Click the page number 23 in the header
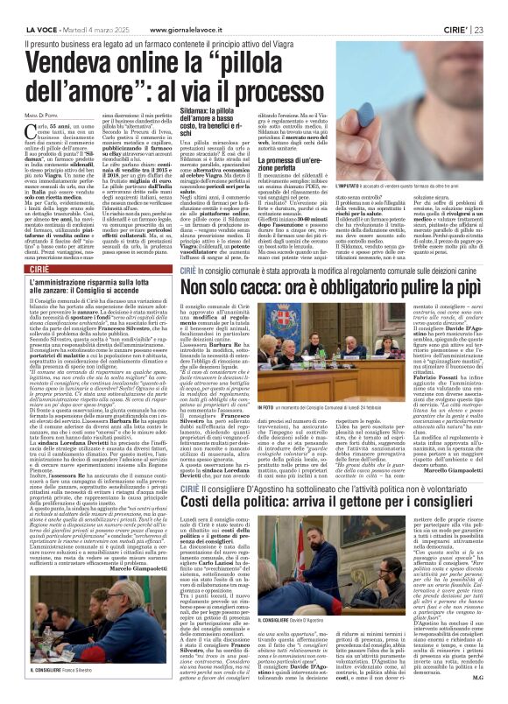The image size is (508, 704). point(495,7)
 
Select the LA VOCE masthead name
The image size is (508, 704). point(27,7)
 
